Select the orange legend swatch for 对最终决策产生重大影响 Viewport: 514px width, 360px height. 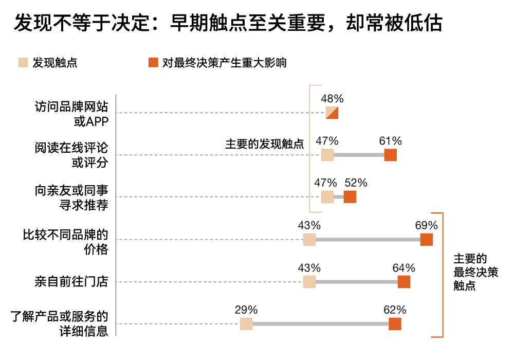click(153, 63)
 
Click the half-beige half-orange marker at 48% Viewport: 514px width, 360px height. click(332, 113)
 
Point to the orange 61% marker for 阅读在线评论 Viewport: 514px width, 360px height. click(391, 155)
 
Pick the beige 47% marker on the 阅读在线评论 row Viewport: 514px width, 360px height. click(327, 155)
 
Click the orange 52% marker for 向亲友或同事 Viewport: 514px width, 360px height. click(350, 196)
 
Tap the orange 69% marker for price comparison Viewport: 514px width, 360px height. click(427, 239)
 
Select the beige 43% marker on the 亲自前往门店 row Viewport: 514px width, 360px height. click(309, 281)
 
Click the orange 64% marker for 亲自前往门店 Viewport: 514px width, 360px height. click(404, 281)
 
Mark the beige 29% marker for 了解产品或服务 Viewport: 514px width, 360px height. click(246, 323)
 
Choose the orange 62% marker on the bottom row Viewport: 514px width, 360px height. click(395, 323)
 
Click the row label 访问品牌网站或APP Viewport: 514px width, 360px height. click(71, 113)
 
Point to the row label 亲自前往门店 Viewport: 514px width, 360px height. click(71, 281)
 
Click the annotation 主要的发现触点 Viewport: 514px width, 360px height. click(264, 144)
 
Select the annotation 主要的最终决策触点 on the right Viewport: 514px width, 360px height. click(475, 272)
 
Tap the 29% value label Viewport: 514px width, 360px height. click(246, 310)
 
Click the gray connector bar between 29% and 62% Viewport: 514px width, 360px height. click(319, 324)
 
